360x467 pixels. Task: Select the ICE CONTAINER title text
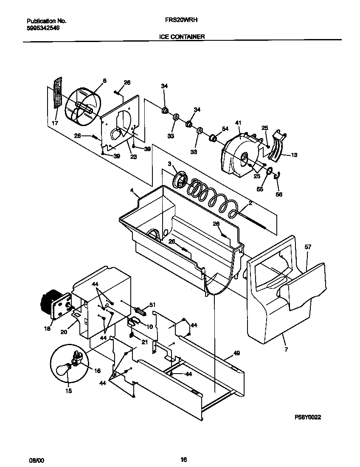coord(182,37)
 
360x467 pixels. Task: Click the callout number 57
coord(308,246)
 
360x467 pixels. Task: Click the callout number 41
coord(238,123)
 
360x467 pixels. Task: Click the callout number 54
coord(225,129)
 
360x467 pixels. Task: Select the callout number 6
coord(104,81)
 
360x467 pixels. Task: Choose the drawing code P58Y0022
coord(308,417)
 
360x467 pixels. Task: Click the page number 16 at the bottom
coord(183,459)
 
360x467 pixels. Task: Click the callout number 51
coord(153,304)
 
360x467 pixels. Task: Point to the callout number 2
coord(250,203)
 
